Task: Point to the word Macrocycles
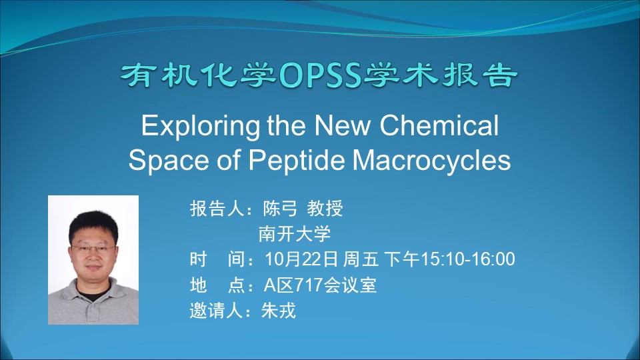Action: pos(432,160)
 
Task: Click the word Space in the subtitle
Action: pos(169,161)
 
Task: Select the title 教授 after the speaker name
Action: pos(325,209)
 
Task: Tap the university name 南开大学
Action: pos(295,234)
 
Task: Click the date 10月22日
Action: pos(301,259)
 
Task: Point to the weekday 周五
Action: pos(361,259)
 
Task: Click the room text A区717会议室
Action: pos(320,285)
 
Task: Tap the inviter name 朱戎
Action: pos(279,311)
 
